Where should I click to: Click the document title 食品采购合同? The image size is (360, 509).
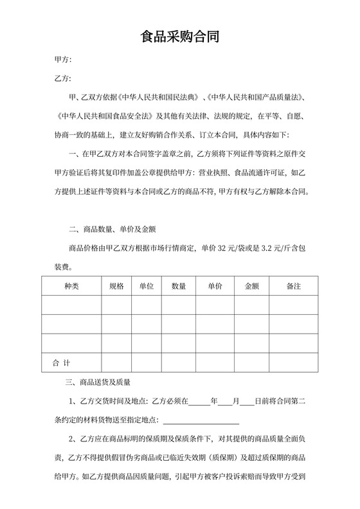[x=180, y=37]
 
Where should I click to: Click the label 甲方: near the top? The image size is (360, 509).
[x=62, y=60]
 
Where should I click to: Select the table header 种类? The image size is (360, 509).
[x=71, y=286]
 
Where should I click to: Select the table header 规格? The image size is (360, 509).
[x=116, y=286]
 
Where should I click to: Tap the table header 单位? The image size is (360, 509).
[x=146, y=286]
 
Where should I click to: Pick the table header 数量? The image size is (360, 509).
[x=179, y=286]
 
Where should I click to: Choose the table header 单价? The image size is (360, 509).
[x=215, y=286]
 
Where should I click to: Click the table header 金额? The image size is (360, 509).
[x=251, y=286]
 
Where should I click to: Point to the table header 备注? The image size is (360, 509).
[x=294, y=286]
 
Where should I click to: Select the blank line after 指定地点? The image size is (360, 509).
[x=201, y=422]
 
